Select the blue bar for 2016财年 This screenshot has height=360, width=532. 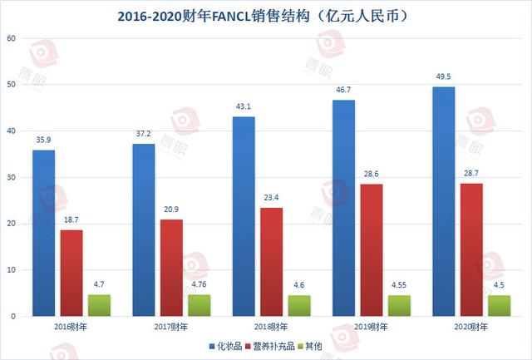[43, 233]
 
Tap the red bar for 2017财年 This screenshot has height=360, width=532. [171, 268]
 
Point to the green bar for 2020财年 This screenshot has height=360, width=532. [500, 305]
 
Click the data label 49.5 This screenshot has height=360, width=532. [443, 76]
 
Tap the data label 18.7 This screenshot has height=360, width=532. [71, 219]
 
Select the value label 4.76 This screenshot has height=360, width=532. [199, 284]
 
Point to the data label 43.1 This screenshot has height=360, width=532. [244, 106]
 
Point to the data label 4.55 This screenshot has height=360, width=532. [400, 284]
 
